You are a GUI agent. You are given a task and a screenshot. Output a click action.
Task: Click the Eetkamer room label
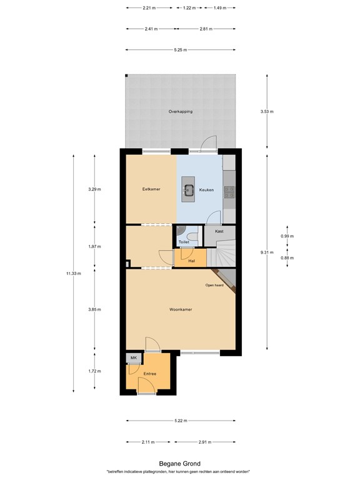151,189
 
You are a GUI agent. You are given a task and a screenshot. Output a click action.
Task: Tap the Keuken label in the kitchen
206,189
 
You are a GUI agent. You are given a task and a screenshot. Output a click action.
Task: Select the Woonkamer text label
180,309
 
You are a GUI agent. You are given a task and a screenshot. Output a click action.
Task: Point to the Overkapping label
180,111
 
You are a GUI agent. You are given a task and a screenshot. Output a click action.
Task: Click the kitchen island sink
189,189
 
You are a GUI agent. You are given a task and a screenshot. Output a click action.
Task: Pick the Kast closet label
219,231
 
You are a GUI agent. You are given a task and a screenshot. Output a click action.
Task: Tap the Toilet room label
183,242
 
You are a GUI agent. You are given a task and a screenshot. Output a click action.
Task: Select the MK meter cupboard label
133,358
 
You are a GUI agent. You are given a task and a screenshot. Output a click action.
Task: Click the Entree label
149,374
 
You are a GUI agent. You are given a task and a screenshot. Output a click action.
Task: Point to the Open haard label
214,285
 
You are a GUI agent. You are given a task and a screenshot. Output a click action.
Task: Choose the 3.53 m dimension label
267,111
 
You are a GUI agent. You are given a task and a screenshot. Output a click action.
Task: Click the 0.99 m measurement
287,236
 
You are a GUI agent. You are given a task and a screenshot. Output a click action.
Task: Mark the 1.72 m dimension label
95,371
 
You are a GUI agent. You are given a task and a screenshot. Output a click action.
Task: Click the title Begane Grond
179,464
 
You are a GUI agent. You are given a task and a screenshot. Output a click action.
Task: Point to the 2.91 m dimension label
206,442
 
